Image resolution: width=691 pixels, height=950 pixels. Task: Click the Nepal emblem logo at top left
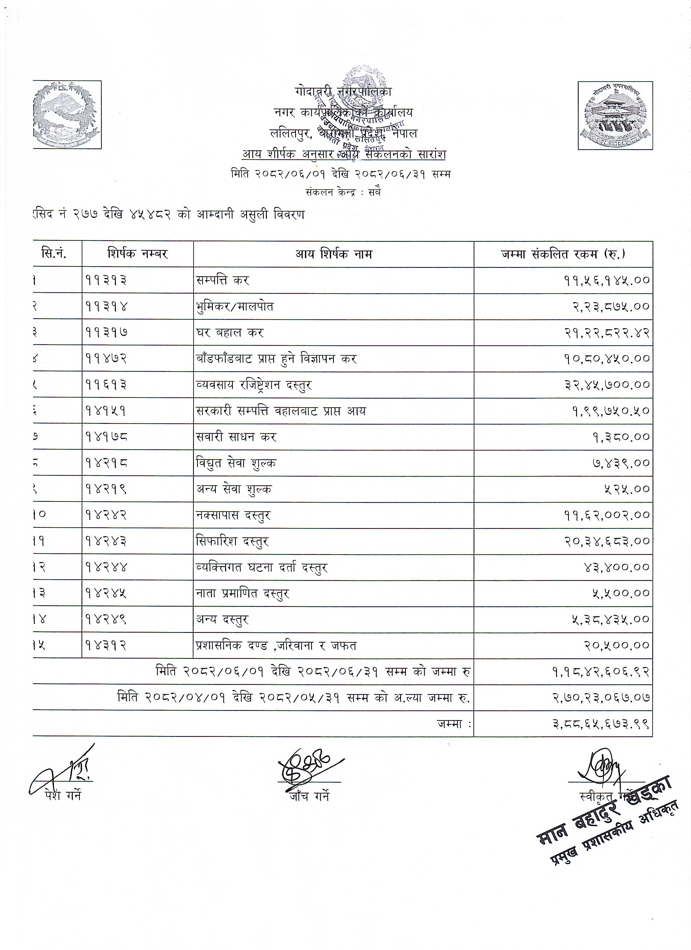tap(67, 114)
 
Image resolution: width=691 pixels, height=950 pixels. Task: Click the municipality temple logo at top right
tap(615, 115)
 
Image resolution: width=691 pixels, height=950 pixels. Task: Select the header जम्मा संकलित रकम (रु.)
tap(563, 254)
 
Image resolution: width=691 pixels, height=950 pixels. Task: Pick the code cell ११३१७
tap(106, 333)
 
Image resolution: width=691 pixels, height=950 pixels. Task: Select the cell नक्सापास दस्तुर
tap(233, 515)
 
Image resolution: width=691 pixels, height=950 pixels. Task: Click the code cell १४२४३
tap(106, 541)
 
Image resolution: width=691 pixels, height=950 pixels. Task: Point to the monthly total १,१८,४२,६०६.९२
tap(601, 672)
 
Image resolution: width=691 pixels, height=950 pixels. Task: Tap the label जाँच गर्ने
tap(309, 796)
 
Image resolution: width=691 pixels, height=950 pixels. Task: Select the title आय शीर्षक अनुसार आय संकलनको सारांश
tap(344, 154)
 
